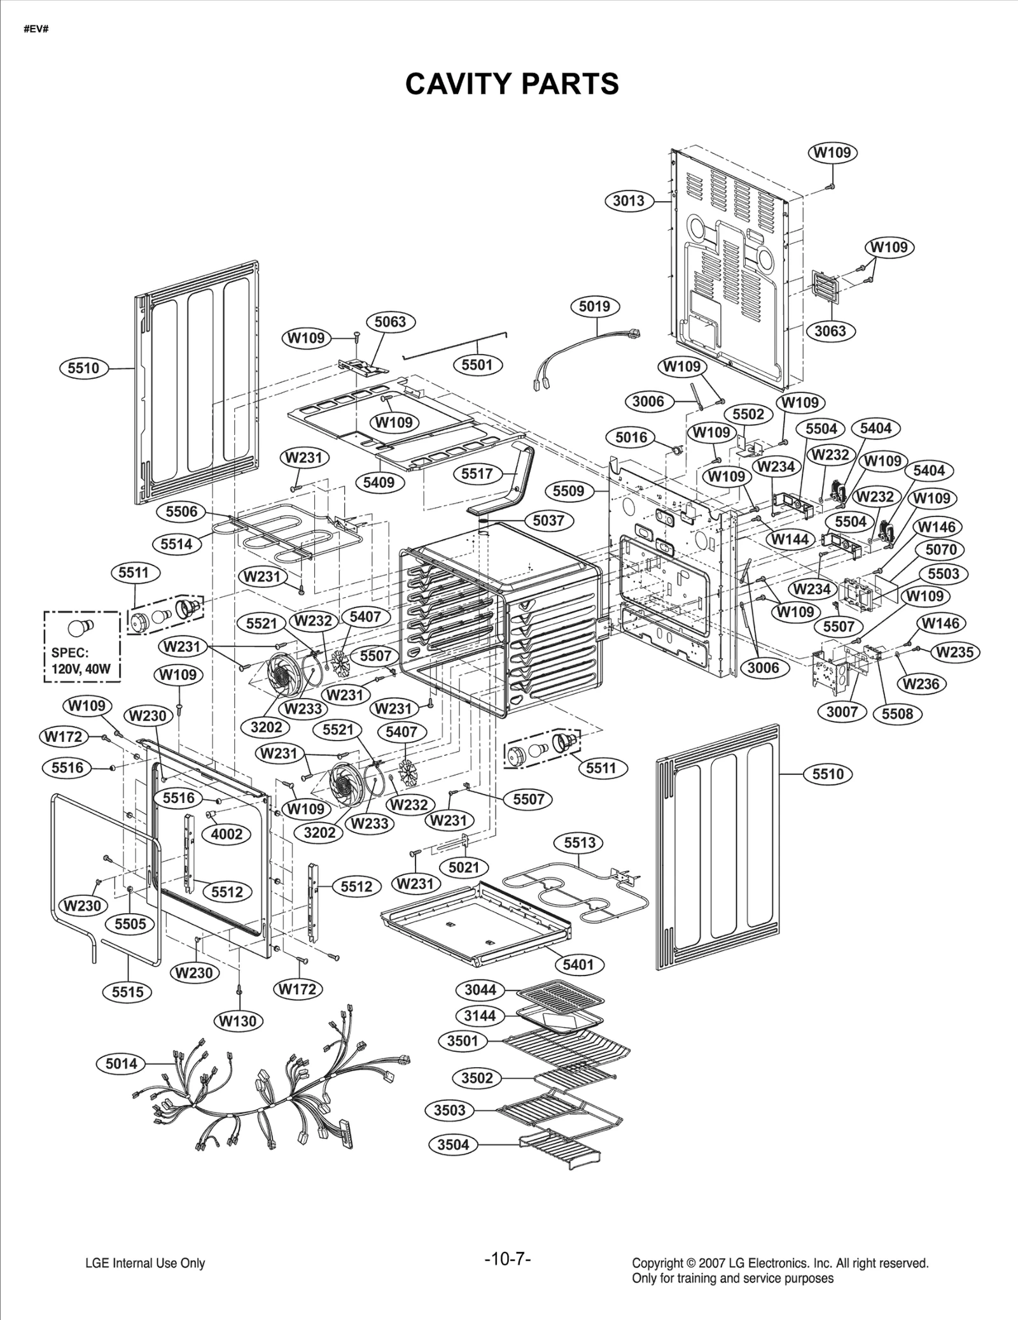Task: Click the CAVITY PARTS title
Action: pyautogui.click(x=512, y=83)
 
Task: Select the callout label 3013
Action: pyautogui.click(x=629, y=201)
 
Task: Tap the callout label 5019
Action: pyautogui.click(x=594, y=306)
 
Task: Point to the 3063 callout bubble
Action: pyautogui.click(x=830, y=331)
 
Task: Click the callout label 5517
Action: pyautogui.click(x=477, y=474)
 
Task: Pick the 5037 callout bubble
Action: pyautogui.click(x=548, y=520)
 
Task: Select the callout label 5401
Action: pyautogui.click(x=578, y=965)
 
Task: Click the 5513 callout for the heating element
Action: pyautogui.click(x=580, y=843)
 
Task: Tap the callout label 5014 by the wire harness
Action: pyautogui.click(x=121, y=1063)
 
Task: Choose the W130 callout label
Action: pyautogui.click(x=238, y=1021)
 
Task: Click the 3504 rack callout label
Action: pyautogui.click(x=453, y=1144)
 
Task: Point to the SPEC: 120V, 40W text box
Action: pyautogui.click(x=81, y=646)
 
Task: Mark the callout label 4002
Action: pyautogui.click(x=227, y=834)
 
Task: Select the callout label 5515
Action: pyautogui.click(x=128, y=991)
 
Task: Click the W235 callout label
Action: pyautogui.click(x=955, y=652)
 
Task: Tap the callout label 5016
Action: pyautogui.click(x=631, y=437)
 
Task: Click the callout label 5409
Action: pyautogui.click(x=379, y=482)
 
